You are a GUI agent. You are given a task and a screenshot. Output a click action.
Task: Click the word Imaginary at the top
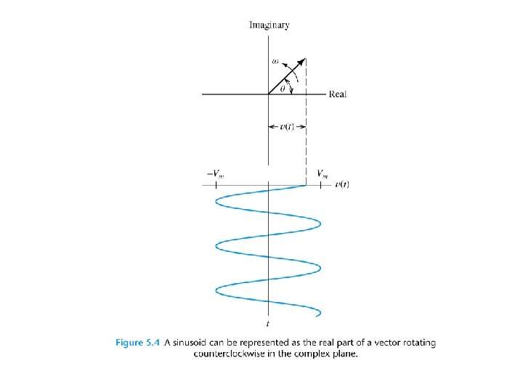269,25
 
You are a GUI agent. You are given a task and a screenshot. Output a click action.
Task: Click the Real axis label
338,94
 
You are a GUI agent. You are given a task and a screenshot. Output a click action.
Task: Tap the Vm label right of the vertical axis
322,173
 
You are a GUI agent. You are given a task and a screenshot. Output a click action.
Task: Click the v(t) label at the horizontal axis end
343,185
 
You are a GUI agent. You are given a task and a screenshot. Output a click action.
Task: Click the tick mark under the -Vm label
216,185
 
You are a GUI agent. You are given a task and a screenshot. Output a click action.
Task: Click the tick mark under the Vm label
320,185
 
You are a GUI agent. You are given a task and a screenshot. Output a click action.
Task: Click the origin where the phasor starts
269,94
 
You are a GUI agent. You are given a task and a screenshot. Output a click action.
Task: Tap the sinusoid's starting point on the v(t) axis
305,185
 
